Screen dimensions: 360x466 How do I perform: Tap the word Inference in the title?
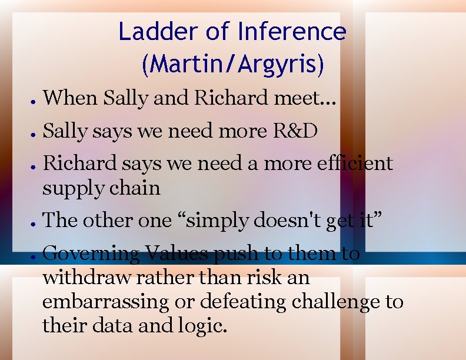click(292, 31)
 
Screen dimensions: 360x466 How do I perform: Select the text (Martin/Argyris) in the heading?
click(233, 64)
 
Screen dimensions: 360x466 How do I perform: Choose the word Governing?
click(91, 254)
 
